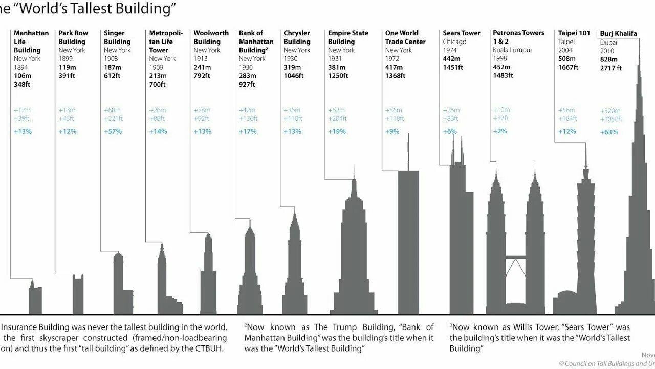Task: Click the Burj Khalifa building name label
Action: pos(618,34)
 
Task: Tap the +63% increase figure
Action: pos(609,132)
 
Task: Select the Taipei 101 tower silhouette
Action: pos(585,246)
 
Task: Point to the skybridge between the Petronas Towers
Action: pos(515,256)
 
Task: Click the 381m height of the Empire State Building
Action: pos(337,67)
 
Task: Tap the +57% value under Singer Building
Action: pos(113,131)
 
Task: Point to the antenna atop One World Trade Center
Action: pos(408,151)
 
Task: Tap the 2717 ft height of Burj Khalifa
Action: pos(611,68)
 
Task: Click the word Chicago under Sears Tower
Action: pos(454,42)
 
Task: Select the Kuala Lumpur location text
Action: pos(512,50)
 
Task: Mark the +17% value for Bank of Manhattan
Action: pos(248,131)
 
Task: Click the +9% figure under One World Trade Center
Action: pos(392,131)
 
